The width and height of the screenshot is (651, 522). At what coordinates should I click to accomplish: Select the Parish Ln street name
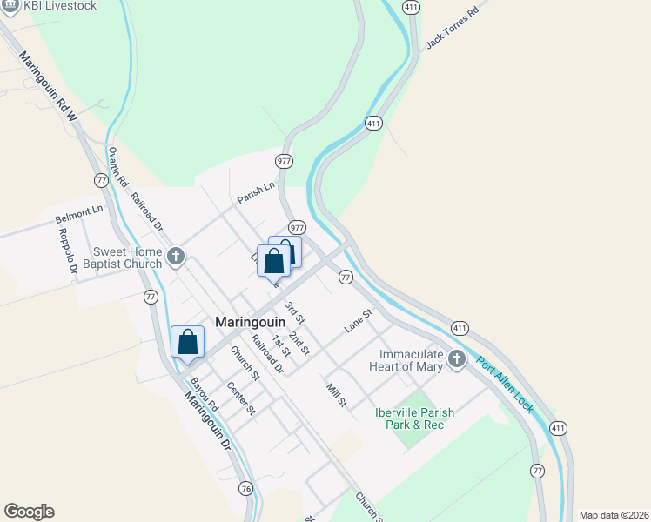click(x=256, y=191)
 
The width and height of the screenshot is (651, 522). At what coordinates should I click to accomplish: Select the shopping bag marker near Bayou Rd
click(x=188, y=342)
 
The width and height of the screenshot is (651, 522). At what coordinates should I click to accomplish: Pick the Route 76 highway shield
click(x=246, y=489)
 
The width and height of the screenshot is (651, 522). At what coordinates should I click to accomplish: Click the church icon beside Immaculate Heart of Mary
click(x=457, y=358)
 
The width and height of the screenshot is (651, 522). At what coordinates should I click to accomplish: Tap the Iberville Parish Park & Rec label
click(x=409, y=418)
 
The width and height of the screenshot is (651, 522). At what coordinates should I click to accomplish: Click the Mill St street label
click(x=337, y=395)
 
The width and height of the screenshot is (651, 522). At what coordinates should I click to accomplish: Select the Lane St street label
click(x=358, y=319)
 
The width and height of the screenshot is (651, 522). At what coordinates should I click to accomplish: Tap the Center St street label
click(x=241, y=398)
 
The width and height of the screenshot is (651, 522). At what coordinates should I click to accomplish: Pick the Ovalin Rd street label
click(x=118, y=168)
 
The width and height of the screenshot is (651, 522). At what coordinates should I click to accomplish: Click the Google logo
click(x=29, y=512)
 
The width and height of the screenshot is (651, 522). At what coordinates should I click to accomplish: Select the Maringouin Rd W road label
click(x=49, y=87)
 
